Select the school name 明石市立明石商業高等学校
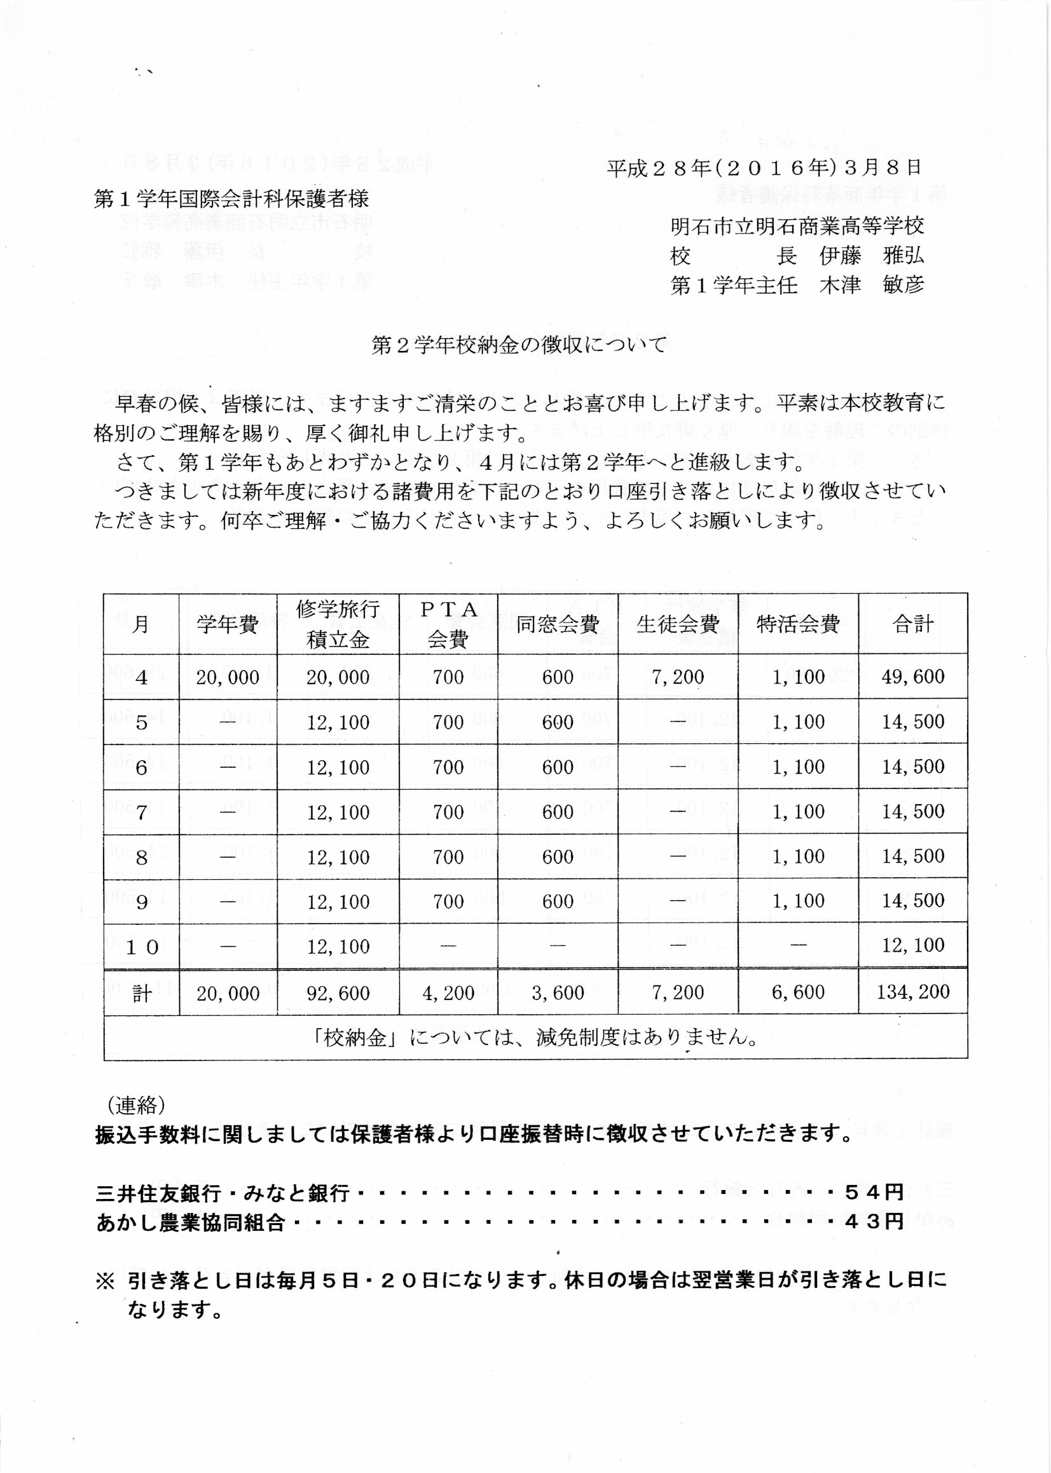pos(797,226)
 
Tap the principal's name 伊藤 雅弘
pos(871,256)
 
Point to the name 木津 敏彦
pos(871,285)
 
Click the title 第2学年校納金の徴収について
pos(518,345)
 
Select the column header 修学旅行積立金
pos(338,624)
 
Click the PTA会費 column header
pos(448,624)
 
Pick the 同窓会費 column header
pos(557,624)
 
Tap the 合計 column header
pos(912,624)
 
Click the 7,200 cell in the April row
pos(678,676)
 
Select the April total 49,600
pos(912,676)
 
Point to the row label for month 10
pos(141,947)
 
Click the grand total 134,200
pos(912,992)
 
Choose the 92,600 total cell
pos(338,993)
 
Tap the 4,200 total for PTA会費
pos(448,993)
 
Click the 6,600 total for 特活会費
pos(798,993)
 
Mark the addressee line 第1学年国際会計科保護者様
pos(231,198)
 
